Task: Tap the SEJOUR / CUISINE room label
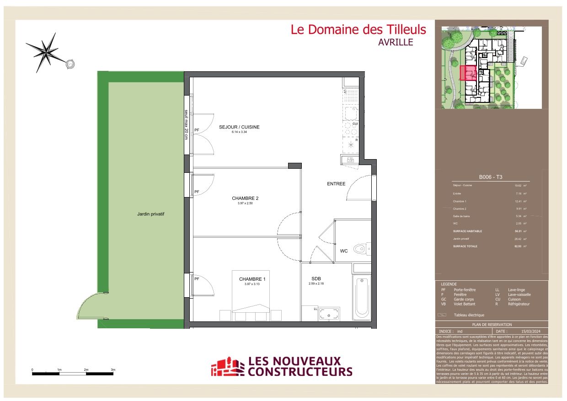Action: tap(239, 127)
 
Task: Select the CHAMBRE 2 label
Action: tap(245, 198)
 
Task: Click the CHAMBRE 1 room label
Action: tap(251, 279)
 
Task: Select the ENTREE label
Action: tap(336, 184)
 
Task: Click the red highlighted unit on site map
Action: tap(468, 73)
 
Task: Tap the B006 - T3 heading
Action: tap(491, 177)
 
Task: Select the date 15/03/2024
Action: tap(531, 331)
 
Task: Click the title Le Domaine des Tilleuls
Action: tap(358, 30)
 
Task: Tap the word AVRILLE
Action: tap(396, 42)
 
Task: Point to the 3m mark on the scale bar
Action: tap(113, 369)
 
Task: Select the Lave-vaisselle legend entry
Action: tap(519, 294)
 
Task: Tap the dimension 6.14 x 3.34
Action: tap(239, 132)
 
